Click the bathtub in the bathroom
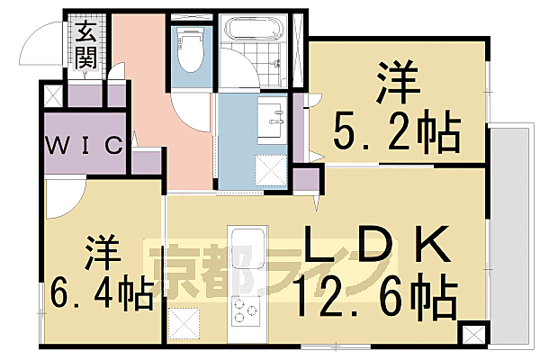(x=256, y=36)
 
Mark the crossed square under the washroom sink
(x=268, y=168)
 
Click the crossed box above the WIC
(x=53, y=94)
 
